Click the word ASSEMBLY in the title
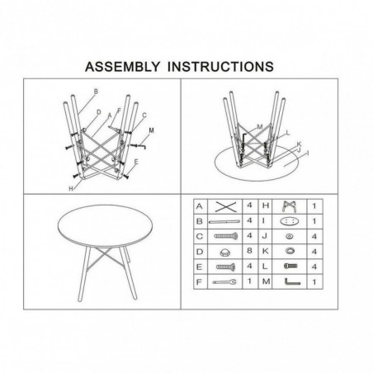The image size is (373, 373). point(122,67)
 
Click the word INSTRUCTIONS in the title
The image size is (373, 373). point(220,67)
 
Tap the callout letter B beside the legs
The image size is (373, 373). point(96,92)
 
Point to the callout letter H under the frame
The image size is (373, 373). point(71,189)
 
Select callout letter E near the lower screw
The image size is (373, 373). point(136,162)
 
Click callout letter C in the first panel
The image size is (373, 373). point(144,116)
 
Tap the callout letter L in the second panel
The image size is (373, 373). point(288,133)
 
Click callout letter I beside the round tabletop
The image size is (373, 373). point(308,153)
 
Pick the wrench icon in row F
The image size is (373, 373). point(224,282)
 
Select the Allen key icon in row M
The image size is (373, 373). point(292,282)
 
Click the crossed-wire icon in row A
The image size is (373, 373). point(226,207)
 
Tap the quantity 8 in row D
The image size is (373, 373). point(249,251)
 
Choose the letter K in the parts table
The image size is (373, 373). point(265,251)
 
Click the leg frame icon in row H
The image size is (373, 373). point(290,206)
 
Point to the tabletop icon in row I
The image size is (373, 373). point(290,221)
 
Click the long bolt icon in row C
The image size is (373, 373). point(226,236)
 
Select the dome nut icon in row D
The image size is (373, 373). point(225,252)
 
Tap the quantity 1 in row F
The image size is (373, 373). point(249,281)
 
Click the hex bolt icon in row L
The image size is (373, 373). point(290,266)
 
